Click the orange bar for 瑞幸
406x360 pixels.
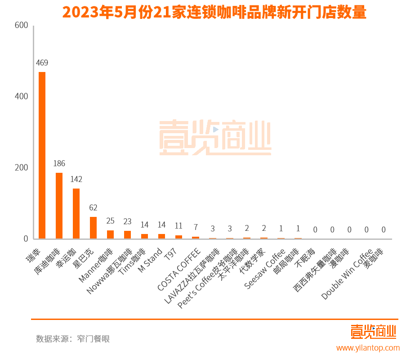[x=42, y=155]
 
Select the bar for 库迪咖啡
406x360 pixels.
[x=59, y=206]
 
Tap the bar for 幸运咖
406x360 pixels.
[x=76, y=213]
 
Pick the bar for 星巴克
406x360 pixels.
[x=93, y=228]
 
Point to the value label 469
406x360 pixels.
[x=42, y=63]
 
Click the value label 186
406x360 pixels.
[x=59, y=163]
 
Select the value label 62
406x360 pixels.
[x=93, y=207]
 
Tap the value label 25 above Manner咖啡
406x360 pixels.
[x=110, y=220]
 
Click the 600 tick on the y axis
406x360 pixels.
[x=21, y=26]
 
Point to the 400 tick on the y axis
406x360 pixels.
[x=21, y=96]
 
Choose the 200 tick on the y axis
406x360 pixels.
[x=21, y=167]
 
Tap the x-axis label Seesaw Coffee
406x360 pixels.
[x=265, y=269]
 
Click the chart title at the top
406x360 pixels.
[x=214, y=12]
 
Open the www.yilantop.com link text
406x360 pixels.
[x=368, y=348]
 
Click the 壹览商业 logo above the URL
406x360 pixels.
[x=373, y=332]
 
